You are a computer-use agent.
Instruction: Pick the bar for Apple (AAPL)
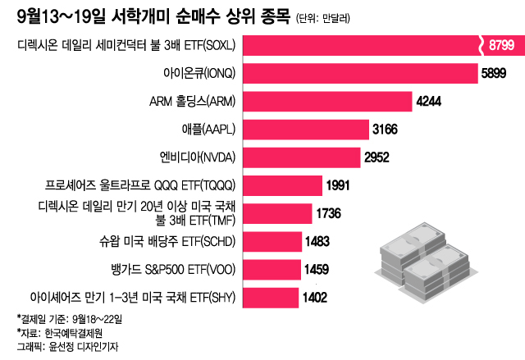pyautogui.click(x=304, y=130)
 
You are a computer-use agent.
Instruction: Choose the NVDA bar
pyautogui.click(x=300, y=157)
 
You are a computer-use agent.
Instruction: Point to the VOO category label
pyautogui.click(x=172, y=269)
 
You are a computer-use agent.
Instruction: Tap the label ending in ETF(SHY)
pyautogui.click(x=131, y=297)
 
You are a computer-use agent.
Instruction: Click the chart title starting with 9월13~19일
pyautogui.click(x=152, y=16)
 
